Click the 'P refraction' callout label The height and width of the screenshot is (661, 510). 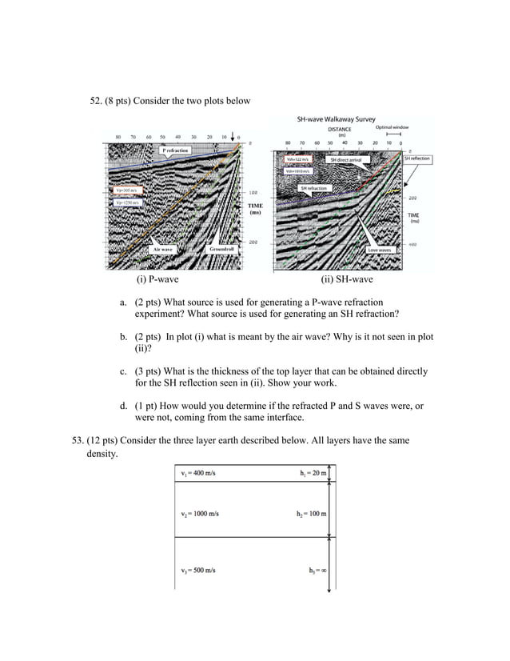175,150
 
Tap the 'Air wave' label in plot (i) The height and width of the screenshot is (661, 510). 163,250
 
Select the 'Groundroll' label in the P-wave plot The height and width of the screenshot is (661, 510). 221,250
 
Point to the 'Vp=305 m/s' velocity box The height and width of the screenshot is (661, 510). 126,190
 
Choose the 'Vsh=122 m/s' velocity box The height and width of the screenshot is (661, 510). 297,160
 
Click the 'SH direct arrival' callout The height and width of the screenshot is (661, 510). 345,160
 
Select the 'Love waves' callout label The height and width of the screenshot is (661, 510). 378,250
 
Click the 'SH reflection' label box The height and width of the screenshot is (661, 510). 416,159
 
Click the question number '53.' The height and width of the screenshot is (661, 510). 78,440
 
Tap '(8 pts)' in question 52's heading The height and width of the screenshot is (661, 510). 118,101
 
